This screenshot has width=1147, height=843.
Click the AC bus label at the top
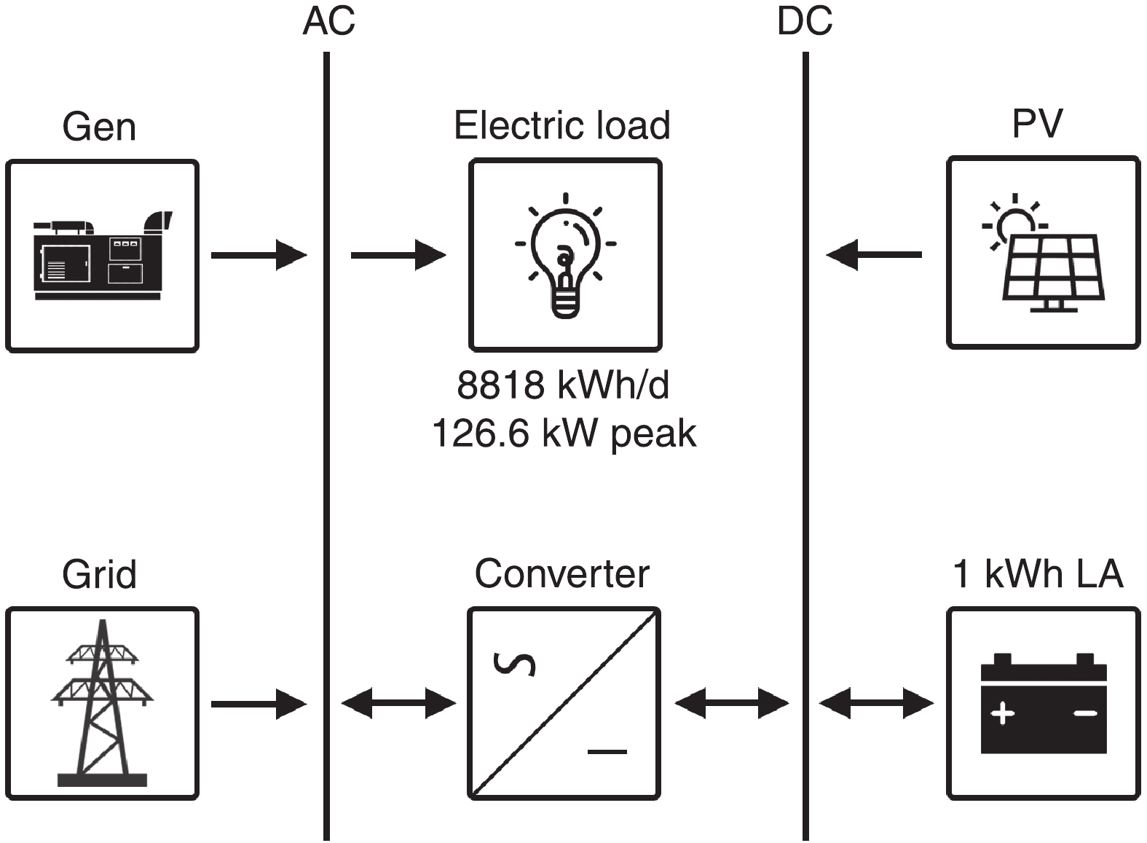pos(328,21)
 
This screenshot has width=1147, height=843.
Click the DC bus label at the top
pos(805,21)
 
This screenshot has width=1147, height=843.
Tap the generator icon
pos(103,256)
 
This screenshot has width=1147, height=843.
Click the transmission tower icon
pos(103,703)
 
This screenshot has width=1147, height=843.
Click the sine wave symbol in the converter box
pos(515,664)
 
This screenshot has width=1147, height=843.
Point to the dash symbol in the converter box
pos(607,751)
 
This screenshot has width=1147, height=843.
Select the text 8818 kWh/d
pos(563,385)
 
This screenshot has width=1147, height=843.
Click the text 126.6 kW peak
pos(564,433)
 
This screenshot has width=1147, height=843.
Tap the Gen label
pos(99,127)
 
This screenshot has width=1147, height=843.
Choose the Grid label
pos(99,574)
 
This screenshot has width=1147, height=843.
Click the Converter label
pos(562,574)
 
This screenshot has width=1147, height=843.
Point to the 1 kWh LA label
pos(1038,574)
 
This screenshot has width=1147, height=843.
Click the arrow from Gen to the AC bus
pos(259,255)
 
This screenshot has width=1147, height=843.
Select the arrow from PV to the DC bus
pos(875,255)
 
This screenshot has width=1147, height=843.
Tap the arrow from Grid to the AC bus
pos(259,704)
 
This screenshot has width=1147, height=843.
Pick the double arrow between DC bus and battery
pos(876,704)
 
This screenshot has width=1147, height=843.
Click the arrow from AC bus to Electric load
pos(398,255)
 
